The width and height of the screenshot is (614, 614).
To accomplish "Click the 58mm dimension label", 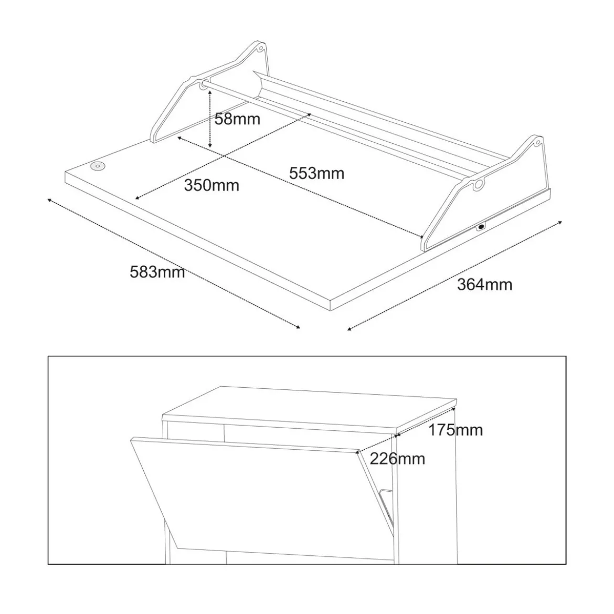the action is [237, 119].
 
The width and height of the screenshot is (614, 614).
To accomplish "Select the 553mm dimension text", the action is [316, 174].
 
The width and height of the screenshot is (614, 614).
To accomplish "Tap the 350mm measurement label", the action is [211, 185].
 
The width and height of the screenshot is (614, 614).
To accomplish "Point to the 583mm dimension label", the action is [157, 272].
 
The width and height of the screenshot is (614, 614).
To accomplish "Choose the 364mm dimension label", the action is [484, 284].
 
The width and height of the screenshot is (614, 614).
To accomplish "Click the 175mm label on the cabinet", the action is [456, 430].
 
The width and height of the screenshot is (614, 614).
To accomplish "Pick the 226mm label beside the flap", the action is [397, 459].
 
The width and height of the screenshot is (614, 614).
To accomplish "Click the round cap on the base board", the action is [98, 166].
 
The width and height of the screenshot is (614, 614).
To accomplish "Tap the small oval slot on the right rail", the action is [481, 226].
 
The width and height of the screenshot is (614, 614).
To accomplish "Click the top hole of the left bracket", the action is [260, 49].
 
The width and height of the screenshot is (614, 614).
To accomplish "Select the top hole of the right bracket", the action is [538, 142].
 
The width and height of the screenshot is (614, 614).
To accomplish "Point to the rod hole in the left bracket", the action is [204, 84].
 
